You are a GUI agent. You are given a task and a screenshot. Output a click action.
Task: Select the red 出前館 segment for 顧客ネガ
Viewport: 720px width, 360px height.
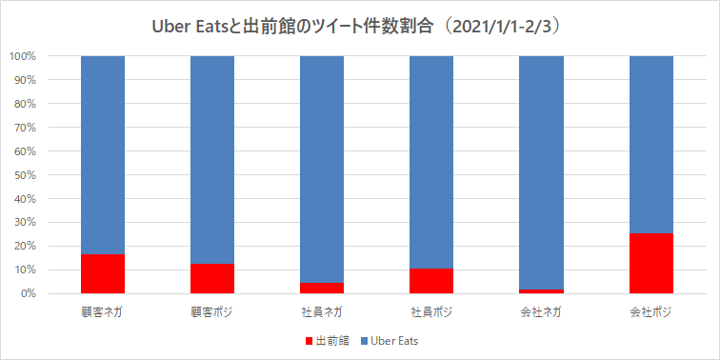[103, 274]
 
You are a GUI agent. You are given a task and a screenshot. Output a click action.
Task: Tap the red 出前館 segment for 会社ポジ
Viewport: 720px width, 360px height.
[651, 264]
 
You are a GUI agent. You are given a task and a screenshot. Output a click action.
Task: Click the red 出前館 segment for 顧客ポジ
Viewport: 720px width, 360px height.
[212, 279]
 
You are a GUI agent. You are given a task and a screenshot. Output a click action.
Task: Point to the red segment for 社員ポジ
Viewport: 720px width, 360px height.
[431, 281]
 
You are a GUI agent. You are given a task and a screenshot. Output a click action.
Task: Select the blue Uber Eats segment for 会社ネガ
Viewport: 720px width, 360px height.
[542, 172]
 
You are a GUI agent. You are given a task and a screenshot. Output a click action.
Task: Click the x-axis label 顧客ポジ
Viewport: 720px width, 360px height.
[212, 311]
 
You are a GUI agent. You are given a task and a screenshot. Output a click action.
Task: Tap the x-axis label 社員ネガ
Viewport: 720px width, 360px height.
[322, 311]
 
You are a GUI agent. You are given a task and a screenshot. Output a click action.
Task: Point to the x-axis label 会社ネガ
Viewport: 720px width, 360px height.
[542, 311]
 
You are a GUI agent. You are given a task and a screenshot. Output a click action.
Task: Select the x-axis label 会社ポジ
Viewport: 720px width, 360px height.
[651, 311]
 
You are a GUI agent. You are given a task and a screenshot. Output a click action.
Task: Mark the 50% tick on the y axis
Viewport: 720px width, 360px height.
[25, 175]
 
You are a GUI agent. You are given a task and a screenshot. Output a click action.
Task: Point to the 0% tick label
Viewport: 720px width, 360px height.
[28, 293]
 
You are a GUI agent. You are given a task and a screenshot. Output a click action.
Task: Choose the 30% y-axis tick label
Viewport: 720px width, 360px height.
[25, 222]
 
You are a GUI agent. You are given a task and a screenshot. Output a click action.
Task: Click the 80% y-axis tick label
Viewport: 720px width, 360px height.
[25, 104]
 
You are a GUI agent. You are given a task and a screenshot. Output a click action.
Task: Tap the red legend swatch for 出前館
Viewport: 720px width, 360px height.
[309, 340]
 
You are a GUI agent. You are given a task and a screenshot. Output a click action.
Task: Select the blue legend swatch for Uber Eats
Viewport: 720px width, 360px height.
[364, 340]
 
